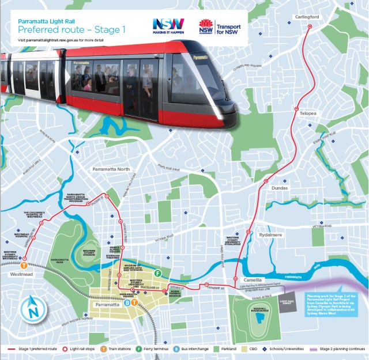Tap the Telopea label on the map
[x=308, y=114]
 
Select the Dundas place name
[x=279, y=188]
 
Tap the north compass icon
[x=33, y=311]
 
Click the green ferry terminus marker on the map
[x=158, y=273]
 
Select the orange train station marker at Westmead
[x=24, y=266]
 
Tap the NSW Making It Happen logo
[x=168, y=26]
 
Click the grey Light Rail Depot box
[x=286, y=302]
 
